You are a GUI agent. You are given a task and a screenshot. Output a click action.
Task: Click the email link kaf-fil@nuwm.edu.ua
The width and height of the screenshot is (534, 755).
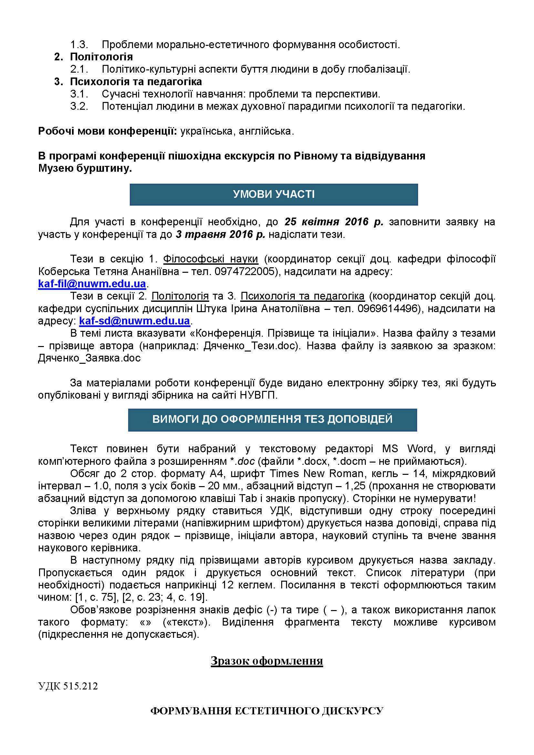(92, 283)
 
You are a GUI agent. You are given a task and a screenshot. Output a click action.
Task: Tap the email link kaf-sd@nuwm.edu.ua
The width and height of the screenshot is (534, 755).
(135, 321)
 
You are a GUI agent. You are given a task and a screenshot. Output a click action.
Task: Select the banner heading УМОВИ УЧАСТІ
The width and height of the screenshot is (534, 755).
(273, 194)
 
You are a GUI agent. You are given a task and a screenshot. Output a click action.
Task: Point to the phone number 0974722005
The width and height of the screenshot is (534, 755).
(244, 271)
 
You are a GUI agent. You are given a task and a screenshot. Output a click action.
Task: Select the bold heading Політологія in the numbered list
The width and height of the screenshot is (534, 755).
(101, 57)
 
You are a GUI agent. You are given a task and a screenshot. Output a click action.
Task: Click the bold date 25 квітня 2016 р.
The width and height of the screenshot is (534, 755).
(334, 222)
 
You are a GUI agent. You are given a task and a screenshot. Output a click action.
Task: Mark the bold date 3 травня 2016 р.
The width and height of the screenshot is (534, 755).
(220, 235)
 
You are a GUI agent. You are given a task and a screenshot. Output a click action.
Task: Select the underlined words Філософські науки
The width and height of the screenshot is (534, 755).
(211, 259)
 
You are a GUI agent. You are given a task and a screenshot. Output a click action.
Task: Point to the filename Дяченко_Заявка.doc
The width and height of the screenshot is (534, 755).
(89, 358)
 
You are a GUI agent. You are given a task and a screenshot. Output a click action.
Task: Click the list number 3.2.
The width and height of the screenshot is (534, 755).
(79, 106)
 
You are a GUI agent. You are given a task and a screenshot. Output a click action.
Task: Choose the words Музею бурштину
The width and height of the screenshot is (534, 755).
(85, 168)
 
